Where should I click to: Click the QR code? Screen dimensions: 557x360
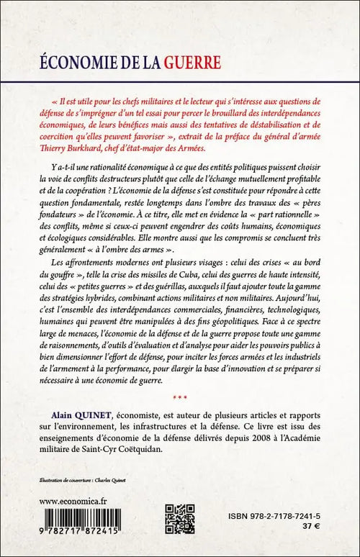click(179, 522)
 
